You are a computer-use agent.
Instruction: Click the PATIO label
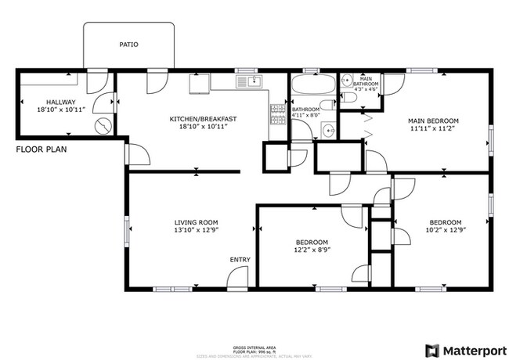point(128,45)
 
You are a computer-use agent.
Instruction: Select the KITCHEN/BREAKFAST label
point(203,119)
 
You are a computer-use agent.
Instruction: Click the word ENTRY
point(240,260)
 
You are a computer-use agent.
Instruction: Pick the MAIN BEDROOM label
point(433,121)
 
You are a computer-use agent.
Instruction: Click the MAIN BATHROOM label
point(367,81)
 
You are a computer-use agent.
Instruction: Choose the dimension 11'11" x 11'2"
point(433,129)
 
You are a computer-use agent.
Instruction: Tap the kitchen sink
point(251,81)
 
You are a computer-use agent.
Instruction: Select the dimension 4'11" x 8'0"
point(305,117)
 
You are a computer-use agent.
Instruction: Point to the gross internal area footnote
point(254,349)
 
